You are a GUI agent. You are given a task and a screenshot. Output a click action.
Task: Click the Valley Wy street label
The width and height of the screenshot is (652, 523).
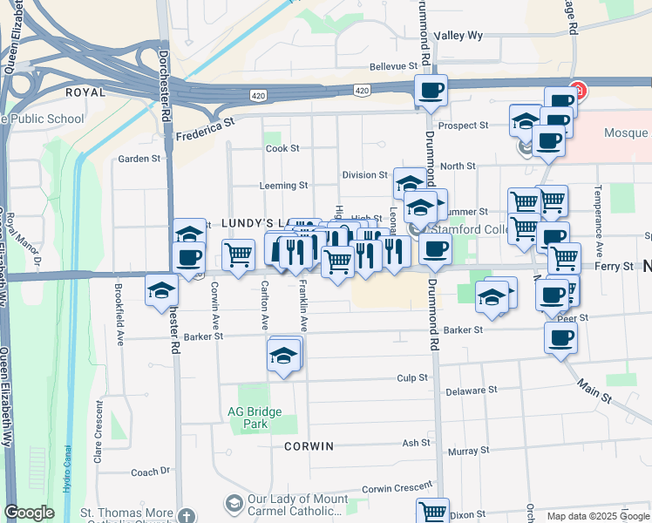tap(458, 36)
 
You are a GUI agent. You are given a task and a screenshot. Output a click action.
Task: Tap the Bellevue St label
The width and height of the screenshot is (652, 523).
tap(394, 66)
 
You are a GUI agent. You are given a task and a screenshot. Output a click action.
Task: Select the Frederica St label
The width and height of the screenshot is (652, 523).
tap(206, 131)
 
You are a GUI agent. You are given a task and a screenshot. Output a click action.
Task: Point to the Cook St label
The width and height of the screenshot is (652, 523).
tap(282, 149)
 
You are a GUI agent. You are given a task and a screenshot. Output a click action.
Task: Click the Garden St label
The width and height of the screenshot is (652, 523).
tap(139, 159)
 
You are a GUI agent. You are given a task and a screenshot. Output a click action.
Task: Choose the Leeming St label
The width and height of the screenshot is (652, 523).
tap(283, 186)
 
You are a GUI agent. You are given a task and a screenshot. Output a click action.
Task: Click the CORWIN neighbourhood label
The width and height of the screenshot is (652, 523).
tap(309, 446)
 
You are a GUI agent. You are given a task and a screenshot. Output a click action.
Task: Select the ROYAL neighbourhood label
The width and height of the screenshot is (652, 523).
tap(85, 92)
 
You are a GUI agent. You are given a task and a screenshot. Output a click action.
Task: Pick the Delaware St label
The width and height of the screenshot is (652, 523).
tap(471, 391)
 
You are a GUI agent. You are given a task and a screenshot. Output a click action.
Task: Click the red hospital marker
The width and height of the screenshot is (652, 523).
tap(577, 91)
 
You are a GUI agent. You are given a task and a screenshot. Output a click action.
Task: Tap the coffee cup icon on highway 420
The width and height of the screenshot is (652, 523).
tap(430, 90)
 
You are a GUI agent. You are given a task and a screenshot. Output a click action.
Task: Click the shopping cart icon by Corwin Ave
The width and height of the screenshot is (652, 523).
tap(238, 255)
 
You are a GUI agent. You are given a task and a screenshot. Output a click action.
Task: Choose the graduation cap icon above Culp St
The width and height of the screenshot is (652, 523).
tap(283, 356)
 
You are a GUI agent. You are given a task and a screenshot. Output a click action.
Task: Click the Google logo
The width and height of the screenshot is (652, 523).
tap(29, 513)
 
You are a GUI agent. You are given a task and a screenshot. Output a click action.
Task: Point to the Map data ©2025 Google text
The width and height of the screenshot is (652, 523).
tap(598, 516)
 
